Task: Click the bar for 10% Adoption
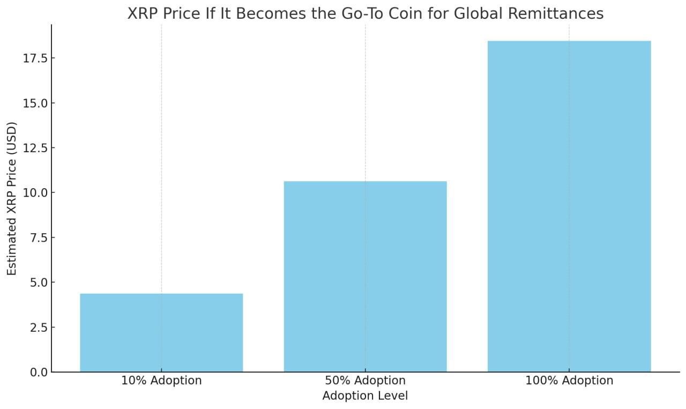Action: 161,332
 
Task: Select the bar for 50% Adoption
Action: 365,276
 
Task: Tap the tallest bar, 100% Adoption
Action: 569,206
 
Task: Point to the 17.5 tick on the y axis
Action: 35,58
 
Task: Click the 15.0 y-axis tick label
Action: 35,103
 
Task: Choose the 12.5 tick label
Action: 35,148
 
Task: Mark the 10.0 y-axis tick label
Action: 35,192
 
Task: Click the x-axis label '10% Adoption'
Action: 161,381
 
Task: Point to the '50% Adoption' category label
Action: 365,381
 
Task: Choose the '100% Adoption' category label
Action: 569,381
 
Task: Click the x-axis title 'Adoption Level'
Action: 365,396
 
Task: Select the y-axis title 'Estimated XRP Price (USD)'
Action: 12,198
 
